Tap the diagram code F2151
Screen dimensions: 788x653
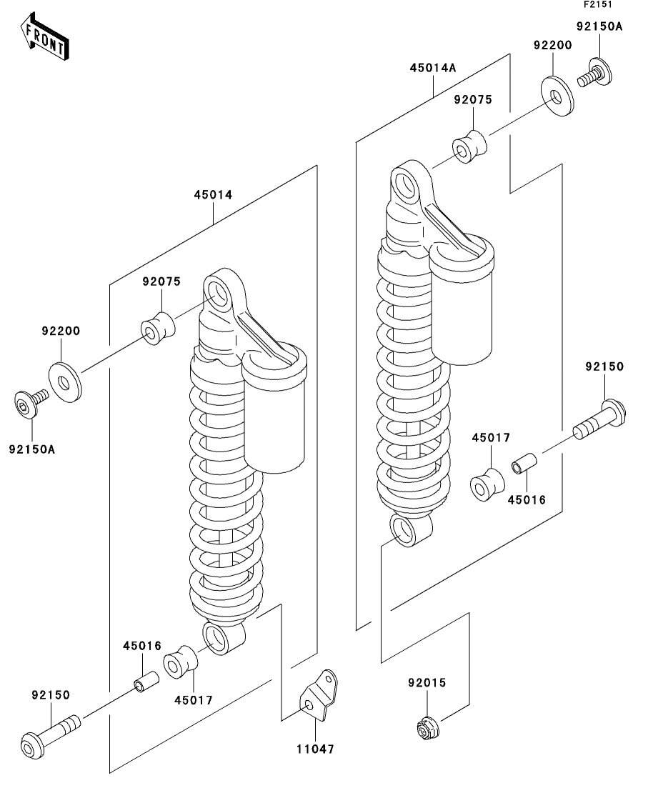pos(599,5)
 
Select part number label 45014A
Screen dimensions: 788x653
pos(432,69)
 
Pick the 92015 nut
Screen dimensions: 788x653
pos(427,727)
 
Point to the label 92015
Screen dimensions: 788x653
pos(427,683)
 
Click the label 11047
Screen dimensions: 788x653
pos(315,749)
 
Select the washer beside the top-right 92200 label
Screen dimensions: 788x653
pos(557,96)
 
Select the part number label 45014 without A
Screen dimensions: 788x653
pos(213,194)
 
